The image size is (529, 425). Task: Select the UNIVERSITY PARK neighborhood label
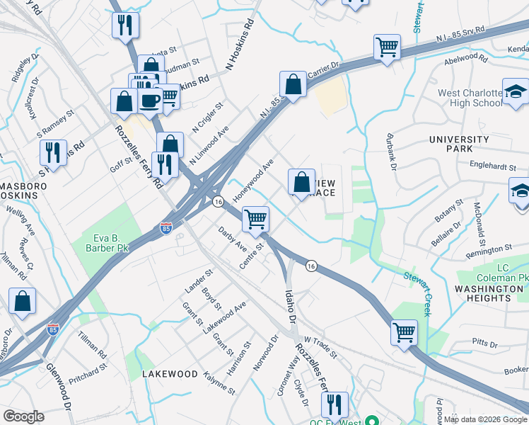click(459, 144)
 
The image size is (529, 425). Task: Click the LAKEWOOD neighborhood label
click(170, 373)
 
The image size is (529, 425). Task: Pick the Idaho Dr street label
click(290, 307)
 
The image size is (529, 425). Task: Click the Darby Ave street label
click(232, 239)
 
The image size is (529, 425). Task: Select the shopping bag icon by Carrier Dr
click(292, 84)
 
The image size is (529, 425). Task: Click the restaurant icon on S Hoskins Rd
click(53, 152)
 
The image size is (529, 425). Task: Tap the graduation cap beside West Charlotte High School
click(516, 91)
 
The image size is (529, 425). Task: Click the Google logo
click(24, 416)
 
